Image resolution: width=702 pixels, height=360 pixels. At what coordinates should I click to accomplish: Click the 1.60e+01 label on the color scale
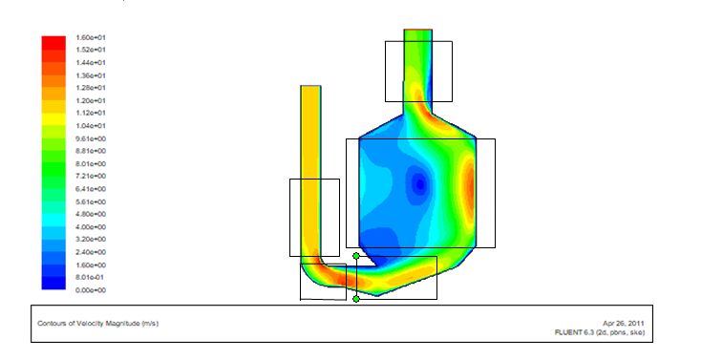tap(91, 37)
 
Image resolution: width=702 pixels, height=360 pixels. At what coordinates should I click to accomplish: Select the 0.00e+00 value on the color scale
tap(91, 290)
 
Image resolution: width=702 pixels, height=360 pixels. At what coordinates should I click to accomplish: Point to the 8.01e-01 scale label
tap(91, 277)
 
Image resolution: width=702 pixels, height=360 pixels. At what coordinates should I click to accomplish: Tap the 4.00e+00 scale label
tap(91, 227)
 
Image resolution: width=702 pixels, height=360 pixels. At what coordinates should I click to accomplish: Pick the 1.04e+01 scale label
tap(91, 126)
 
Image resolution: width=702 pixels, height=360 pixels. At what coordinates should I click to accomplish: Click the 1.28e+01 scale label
tap(91, 88)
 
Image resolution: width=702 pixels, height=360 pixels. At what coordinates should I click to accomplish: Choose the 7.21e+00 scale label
tap(91, 176)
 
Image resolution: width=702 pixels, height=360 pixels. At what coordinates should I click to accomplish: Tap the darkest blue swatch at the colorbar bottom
tap(53, 283)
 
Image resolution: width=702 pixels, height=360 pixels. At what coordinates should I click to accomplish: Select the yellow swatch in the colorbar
tap(53, 118)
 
